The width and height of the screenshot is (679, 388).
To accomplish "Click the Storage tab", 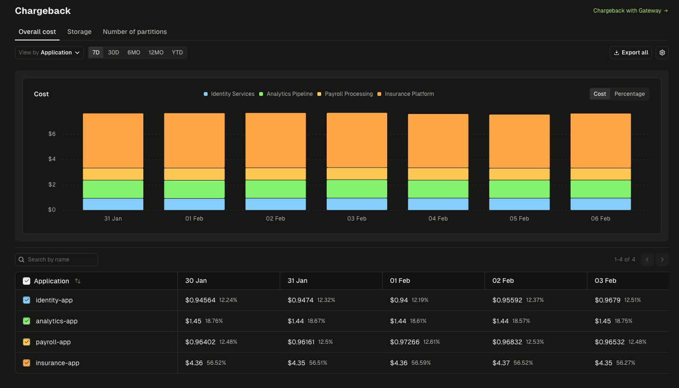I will point(79,32).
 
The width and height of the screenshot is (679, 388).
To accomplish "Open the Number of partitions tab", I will point(134,32).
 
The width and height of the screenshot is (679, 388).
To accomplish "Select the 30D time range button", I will point(114,53).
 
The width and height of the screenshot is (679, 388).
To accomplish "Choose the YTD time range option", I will point(177,53).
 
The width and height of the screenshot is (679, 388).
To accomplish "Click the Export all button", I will point(631,53).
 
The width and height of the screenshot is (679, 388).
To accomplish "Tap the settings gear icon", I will point(662,53).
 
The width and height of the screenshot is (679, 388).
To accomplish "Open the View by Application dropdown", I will point(49,53).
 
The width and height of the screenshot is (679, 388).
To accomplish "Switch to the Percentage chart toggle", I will point(629,94).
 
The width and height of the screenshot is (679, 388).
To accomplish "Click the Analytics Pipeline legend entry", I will point(286,94).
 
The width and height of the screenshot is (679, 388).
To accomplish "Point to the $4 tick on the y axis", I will point(52,159).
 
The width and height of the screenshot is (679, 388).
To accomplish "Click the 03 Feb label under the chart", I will point(356,219).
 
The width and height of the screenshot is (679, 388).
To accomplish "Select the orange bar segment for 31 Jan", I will point(113,140).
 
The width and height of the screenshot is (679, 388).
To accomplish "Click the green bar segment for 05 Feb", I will point(519,189).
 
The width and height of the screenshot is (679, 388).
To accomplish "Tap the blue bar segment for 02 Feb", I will point(276,204).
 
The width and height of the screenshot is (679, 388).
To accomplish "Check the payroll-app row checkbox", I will point(27,342).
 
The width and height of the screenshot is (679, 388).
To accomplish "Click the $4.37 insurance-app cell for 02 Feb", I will point(501,363).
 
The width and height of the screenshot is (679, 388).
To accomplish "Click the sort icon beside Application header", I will point(78,281).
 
